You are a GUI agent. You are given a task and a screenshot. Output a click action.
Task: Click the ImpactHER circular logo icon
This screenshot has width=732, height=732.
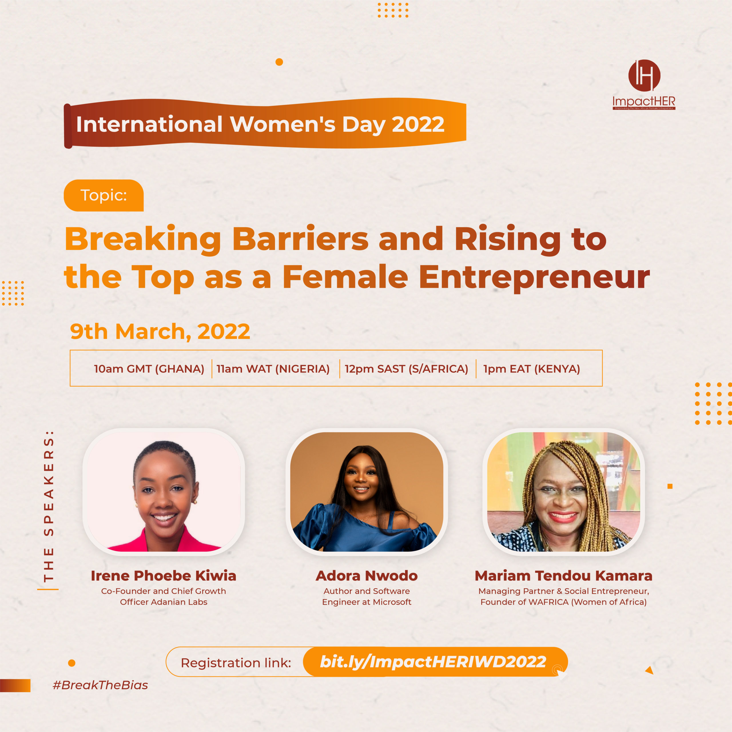(644, 75)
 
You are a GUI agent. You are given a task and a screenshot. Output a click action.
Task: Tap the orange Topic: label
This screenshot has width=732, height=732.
(104, 196)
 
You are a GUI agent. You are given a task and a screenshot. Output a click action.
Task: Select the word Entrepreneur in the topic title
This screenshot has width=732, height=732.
(534, 277)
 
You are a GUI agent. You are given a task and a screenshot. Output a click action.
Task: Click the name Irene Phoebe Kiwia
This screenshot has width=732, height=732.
(163, 576)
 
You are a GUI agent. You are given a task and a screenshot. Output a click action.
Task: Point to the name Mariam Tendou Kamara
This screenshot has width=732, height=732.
(563, 576)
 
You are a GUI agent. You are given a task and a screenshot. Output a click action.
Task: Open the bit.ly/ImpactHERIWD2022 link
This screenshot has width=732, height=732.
(433, 662)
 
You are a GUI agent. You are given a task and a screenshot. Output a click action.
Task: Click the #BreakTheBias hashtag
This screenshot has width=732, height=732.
(100, 685)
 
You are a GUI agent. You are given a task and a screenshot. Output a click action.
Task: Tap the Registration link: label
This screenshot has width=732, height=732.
(236, 663)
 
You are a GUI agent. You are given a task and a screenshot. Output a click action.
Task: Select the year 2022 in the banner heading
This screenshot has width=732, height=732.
(418, 124)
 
